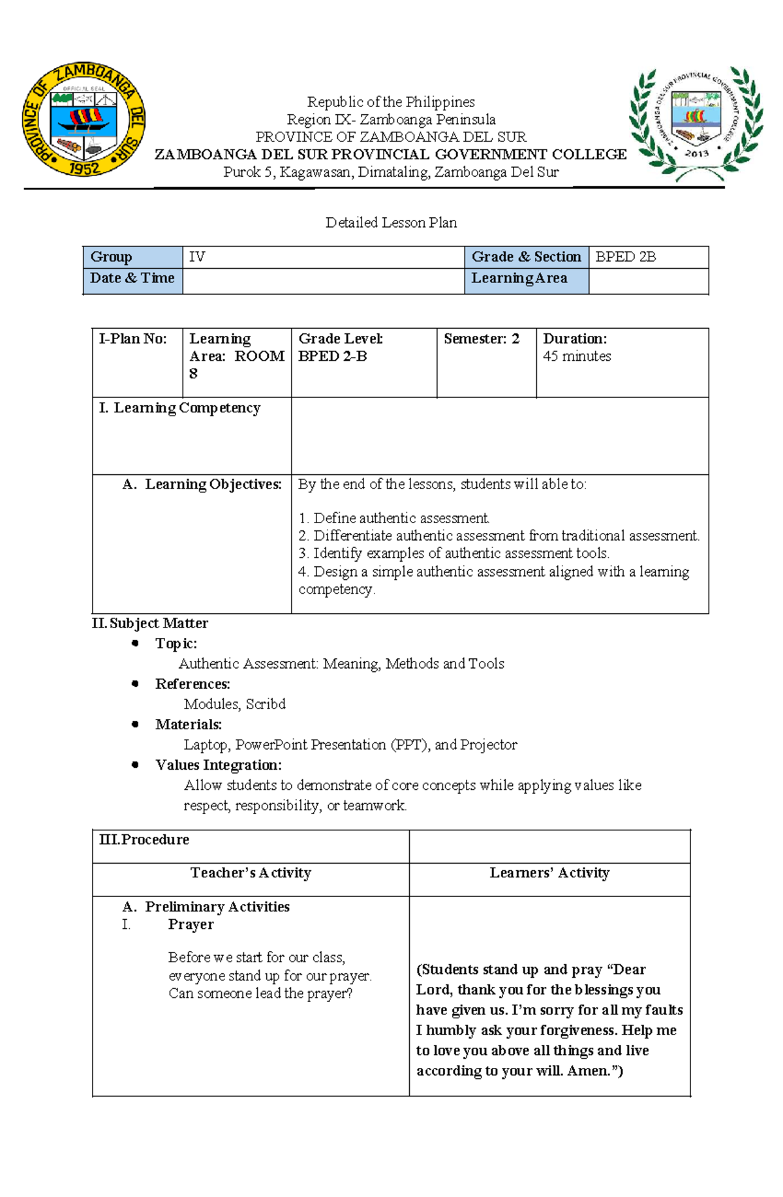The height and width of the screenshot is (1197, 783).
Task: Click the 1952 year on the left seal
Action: tap(84, 168)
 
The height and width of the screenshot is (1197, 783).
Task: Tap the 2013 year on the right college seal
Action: tap(696, 153)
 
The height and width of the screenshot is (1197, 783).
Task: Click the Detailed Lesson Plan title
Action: tap(391, 222)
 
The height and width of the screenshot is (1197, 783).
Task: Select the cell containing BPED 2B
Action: tap(648, 257)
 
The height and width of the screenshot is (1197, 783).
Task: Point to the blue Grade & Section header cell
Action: tap(526, 257)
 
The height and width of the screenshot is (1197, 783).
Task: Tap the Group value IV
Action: tap(197, 257)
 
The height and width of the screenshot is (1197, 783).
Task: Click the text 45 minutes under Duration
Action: tap(577, 356)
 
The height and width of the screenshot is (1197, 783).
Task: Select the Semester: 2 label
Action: tap(482, 339)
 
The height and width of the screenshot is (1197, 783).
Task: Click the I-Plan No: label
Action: tap(132, 339)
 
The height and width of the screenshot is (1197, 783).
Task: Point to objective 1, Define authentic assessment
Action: tap(394, 518)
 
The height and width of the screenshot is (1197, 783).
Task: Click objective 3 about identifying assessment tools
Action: tap(454, 553)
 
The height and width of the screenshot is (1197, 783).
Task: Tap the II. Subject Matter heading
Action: tap(150, 623)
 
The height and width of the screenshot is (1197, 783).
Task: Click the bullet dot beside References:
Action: tap(135, 684)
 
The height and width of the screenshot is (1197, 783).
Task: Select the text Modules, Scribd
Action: tap(234, 704)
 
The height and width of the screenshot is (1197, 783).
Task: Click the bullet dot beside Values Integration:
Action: tap(135, 765)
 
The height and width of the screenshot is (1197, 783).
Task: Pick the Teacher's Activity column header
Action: tap(251, 873)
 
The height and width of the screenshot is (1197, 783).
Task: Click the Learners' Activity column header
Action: tap(549, 873)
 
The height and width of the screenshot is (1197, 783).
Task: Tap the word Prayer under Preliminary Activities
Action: tap(191, 924)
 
